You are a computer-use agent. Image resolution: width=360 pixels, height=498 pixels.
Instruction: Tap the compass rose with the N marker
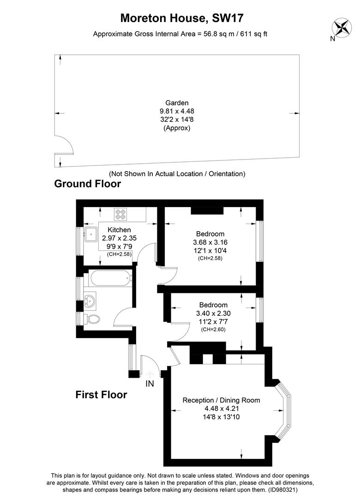point(342,27)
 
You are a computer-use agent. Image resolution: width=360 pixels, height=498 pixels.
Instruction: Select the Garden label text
point(177,103)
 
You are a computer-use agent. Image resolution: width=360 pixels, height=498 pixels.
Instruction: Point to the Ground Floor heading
point(88,184)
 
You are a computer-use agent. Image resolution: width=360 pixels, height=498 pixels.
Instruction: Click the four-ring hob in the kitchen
point(120,214)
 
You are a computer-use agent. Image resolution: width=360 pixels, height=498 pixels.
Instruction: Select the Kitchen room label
point(119,230)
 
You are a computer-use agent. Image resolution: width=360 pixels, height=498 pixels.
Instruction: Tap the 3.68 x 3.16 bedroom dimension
point(210,242)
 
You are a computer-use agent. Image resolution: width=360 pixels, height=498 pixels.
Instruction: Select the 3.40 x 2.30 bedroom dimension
point(213,313)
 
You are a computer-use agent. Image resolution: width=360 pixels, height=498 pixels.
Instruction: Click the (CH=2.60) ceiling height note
point(213,329)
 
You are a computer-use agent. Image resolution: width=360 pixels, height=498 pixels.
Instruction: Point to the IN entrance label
point(150,384)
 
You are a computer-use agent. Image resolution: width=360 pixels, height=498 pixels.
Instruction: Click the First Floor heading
point(101,395)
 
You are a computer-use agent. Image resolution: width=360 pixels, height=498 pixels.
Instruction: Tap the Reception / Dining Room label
point(221,400)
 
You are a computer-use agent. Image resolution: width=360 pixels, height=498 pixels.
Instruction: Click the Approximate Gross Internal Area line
point(180,34)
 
